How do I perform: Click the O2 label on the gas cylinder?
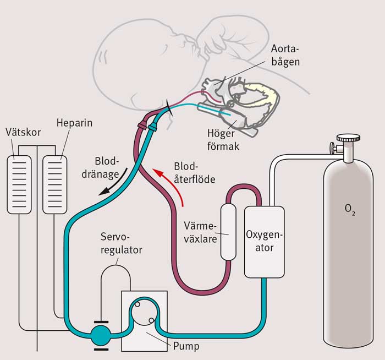click(349, 210)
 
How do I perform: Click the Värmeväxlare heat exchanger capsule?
click(228, 232)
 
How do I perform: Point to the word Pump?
click(185, 347)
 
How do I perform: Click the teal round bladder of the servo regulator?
click(100, 334)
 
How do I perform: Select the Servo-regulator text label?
click(122, 243)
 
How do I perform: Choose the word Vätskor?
click(20, 132)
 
